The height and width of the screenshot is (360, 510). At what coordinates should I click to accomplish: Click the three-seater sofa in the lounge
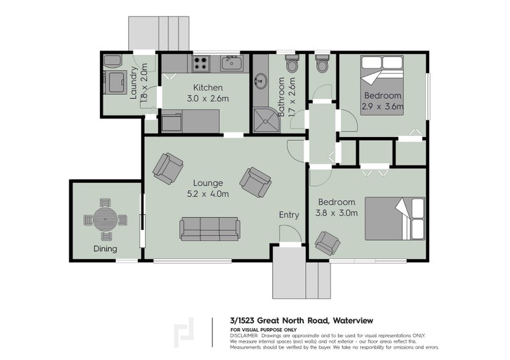pos(210,229)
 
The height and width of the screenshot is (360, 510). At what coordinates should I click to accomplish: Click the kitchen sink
pos(231,63)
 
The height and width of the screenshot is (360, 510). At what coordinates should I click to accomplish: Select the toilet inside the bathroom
pos(293,64)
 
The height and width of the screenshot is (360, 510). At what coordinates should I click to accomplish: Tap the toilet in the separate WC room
pos(322,64)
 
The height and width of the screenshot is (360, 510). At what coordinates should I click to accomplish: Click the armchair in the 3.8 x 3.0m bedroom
pos(328,243)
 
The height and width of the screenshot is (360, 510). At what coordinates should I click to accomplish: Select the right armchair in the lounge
pos(259,182)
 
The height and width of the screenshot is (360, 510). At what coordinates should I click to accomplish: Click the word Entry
pos(289,215)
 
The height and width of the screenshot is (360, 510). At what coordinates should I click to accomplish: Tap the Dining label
pos(105,248)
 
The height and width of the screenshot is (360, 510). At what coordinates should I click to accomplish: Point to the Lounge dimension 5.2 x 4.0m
pos(207,194)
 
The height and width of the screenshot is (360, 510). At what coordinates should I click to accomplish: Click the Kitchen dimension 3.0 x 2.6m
pos(207,98)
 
